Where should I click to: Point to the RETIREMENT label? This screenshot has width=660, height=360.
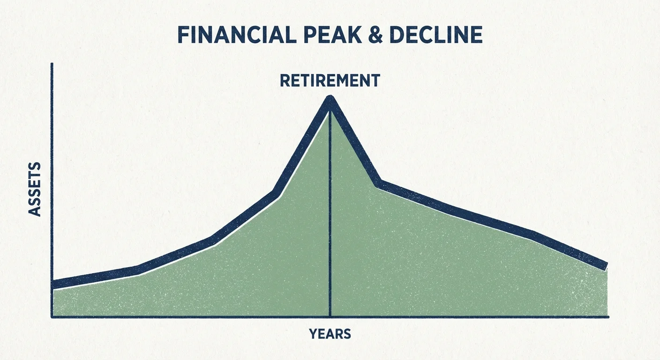pos(330,81)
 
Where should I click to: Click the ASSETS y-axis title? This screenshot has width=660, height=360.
pos(35,189)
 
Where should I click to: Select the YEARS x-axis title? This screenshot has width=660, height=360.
pos(330,334)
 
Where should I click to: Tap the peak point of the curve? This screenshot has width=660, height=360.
pos(330,99)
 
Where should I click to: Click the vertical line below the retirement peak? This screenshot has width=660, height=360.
pos(330,211)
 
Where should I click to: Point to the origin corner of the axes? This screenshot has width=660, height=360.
pos(52,317)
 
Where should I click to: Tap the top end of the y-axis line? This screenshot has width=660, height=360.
pos(52,64)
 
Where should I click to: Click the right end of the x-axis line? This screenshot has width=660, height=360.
pos(608,317)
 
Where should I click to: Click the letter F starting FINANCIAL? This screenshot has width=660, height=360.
pos(183,36)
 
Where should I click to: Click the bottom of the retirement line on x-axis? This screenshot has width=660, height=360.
pos(330,316)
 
